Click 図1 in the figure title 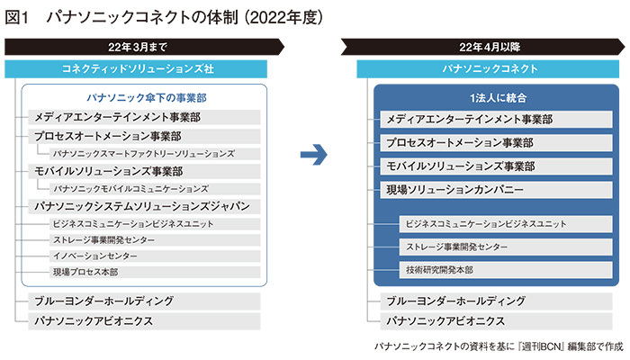[20, 15]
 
